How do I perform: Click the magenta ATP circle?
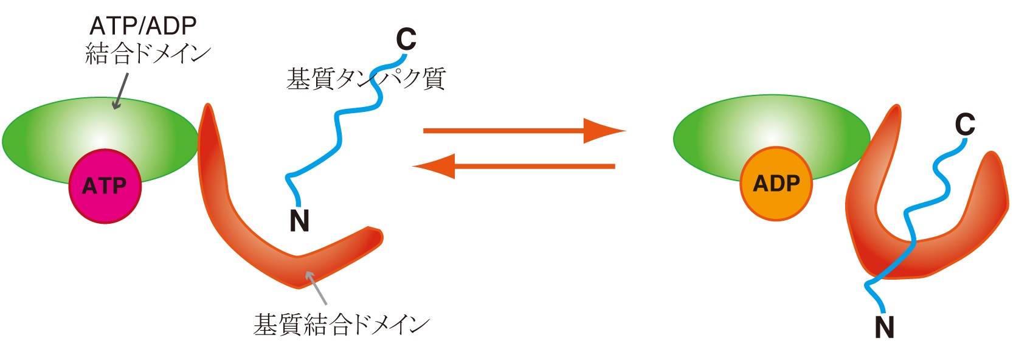click(x=105, y=186)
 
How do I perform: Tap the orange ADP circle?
click(x=776, y=184)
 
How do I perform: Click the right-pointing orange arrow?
click(x=523, y=131)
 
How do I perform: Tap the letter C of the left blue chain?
click(x=406, y=40)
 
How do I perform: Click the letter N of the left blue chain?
click(x=299, y=221)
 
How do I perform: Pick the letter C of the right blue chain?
click(x=964, y=125)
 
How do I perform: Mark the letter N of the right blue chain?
click(x=885, y=328)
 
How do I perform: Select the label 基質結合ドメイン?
click(x=341, y=325)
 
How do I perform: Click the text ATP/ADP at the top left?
click(x=143, y=26)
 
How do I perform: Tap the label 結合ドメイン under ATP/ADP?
click(x=148, y=54)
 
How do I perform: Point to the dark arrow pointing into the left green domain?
click(x=120, y=91)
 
